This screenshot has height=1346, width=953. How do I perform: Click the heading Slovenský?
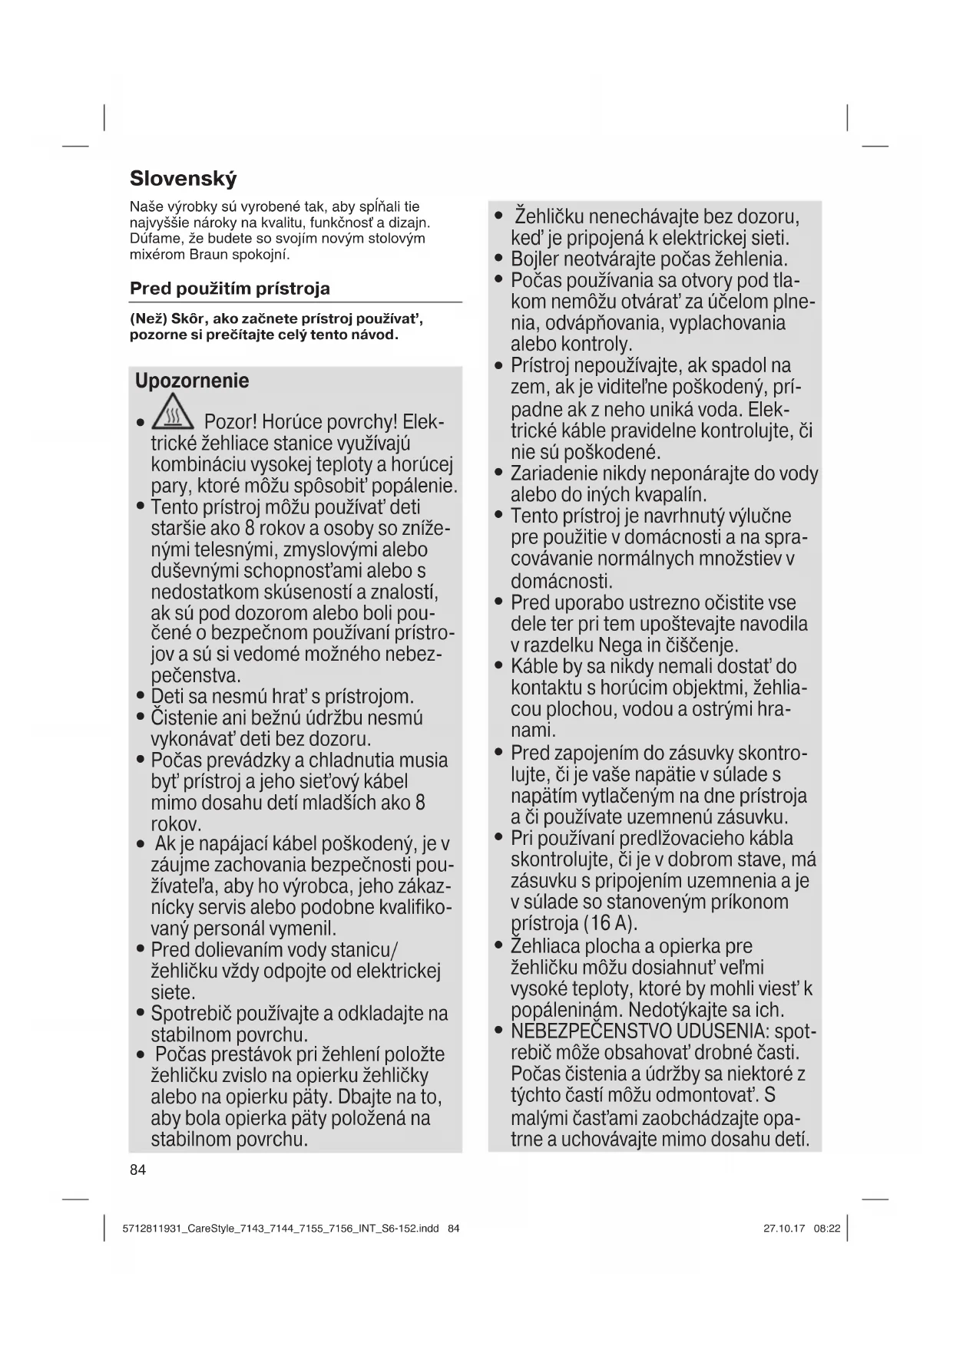[x=183, y=179]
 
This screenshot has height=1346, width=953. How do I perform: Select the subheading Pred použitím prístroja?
[x=230, y=289]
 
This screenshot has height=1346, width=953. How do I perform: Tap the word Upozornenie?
[x=192, y=381]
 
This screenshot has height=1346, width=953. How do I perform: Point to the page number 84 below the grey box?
[x=137, y=1170]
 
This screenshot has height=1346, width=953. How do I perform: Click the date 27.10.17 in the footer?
[x=784, y=1228]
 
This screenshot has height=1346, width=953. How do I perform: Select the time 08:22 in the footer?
[x=827, y=1228]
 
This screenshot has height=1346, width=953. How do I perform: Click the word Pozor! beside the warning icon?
[x=230, y=422]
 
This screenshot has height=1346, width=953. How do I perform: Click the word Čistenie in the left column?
[x=187, y=718]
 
